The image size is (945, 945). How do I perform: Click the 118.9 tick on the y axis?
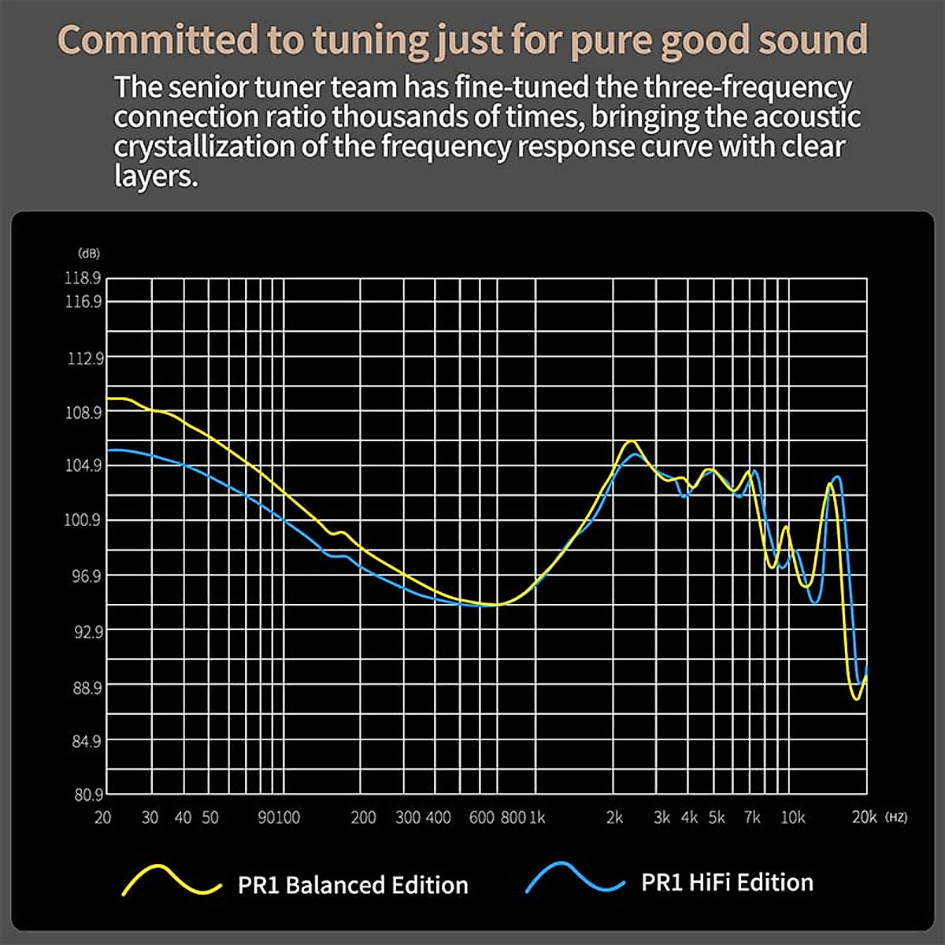(83, 277)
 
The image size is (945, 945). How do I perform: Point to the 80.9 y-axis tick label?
(87, 795)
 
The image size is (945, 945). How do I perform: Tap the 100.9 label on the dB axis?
(83, 520)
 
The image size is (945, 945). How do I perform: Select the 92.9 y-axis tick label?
(87, 632)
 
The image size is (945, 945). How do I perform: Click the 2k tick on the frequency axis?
(614, 817)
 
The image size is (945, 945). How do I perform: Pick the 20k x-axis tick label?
(864, 817)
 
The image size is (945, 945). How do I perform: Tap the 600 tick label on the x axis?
(481, 817)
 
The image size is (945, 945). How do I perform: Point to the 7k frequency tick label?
(752, 817)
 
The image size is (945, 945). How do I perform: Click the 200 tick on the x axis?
(363, 817)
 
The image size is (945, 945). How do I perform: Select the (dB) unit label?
(89, 254)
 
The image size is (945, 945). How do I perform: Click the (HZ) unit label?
(896, 817)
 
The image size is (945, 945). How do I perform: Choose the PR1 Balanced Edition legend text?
(353, 885)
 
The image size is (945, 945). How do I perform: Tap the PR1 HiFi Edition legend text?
(727, 883)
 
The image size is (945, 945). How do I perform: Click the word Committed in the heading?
(157, 40)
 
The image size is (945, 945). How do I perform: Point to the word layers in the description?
(155, 176)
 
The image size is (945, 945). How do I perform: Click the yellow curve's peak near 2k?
(631, 442)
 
